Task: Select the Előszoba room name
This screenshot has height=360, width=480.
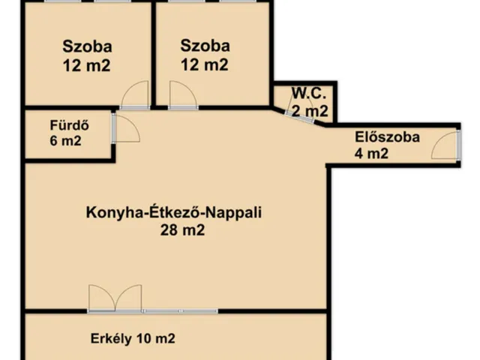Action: (x=387, y=138)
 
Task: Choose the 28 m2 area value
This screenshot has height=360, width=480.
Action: (x=181, y=231)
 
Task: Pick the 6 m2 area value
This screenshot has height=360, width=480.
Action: (x=65, y=141)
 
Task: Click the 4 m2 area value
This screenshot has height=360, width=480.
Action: (x=371, y=155)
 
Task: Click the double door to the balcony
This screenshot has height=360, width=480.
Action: (x=115, y=298)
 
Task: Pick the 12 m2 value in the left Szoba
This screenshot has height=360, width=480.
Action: (x=88, y=65)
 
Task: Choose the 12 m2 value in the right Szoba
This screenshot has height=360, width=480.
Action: (x=205, y=65)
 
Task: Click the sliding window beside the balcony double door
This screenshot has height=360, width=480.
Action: (x=180, y=310)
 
